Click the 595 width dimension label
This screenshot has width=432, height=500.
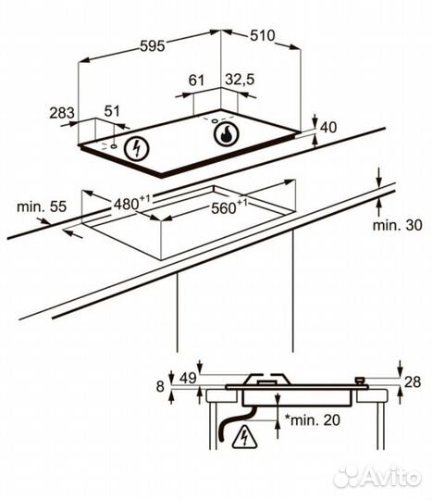(x=153, y=46)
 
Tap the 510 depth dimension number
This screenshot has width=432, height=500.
(x=262, y=35)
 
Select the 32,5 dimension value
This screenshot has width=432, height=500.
(x=240, y=80)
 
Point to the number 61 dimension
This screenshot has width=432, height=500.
(x=196, y=80)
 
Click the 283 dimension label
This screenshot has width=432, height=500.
(x=62, y=113)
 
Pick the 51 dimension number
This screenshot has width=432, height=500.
(x=112, y=111)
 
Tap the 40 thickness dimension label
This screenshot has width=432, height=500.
(x=328, y=128)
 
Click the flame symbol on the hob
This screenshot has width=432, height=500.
(x=226, y=134)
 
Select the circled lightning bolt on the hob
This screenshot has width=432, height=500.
(x=137, y=148)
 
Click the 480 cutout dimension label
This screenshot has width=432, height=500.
(x=131, y=203)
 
